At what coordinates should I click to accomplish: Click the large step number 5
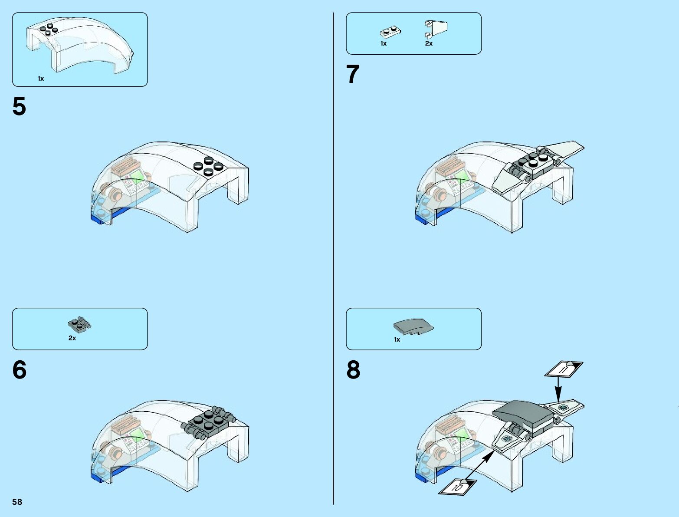click(19, 106)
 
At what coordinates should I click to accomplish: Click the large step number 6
click(19, 370)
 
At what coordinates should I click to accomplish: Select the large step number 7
click(353, 74)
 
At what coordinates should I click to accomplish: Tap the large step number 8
click(353, 370)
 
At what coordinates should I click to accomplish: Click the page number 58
click(17, 502)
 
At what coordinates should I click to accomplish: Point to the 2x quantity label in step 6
click(72, 338)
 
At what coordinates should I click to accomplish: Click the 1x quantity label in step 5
click(41, 79)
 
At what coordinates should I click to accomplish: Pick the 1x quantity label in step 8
click(397, 339)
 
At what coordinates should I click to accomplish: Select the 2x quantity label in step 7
click(429, 43)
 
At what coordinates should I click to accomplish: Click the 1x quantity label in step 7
click(384, 43)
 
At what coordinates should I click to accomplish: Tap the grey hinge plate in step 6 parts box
click(79, 324)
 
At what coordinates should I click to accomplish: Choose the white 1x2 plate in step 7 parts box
click(390, 32)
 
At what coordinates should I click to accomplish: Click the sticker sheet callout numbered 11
click(564, 369)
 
